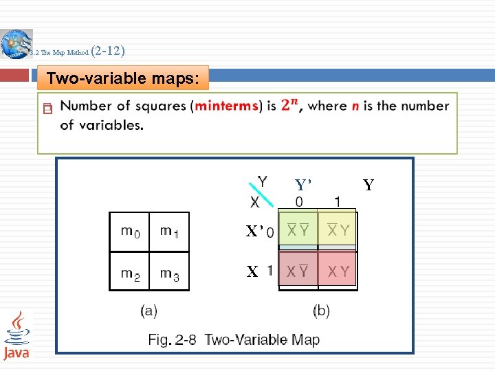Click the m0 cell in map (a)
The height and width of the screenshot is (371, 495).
tap(130, 232)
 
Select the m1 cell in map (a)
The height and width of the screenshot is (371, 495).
tap(169, 232)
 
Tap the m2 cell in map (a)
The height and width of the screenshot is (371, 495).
tap(130, 272)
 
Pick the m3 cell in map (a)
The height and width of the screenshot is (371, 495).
tap(169, 272)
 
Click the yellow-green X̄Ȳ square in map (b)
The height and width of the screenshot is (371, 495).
tap(298, 230)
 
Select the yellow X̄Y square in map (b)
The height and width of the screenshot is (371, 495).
tap(338, 230)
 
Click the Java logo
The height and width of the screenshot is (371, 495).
tap(17, 335)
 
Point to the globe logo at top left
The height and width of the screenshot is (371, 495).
tap(16, 45)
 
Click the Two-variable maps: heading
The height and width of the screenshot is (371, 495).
tap(125, 78)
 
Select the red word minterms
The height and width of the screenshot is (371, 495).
tap(227, 106)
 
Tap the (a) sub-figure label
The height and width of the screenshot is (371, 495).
tap(149, 311)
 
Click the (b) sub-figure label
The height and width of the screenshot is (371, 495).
tap(321, 311)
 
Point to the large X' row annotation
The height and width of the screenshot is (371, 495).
tap(254, 232)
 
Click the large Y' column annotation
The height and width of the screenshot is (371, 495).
tap(303, 185)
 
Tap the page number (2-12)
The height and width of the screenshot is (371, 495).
tap(107, 51)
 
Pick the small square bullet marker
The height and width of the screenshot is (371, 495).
tap(47, 109)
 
